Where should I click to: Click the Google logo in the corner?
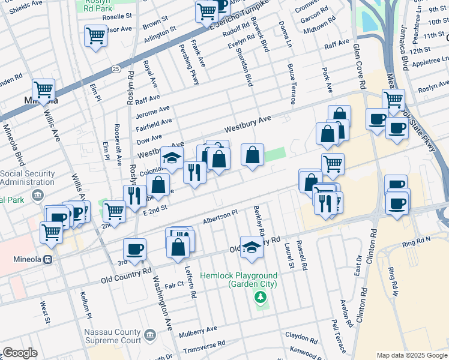(20, 353)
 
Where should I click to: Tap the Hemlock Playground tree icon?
(261, 296)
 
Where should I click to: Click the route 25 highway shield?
(115, 70)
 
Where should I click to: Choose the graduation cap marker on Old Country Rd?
(252, 247)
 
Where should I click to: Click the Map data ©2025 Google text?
(411, 355)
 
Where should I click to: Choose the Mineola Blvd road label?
(14, 145)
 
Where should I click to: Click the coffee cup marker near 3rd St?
(134, 249)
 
